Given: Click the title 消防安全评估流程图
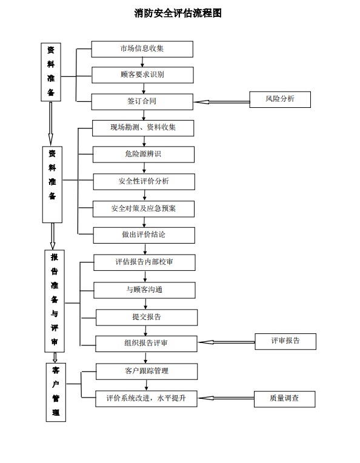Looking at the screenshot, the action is coord(178,13).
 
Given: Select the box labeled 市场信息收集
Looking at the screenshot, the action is coord(142,49).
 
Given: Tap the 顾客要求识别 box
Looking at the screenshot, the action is coord(142,75).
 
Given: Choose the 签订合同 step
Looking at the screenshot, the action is coord(142,102).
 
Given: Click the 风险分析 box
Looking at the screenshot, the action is coord(280,99).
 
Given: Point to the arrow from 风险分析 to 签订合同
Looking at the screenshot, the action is coord(221,102).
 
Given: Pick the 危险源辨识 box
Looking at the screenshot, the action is coord(144,155).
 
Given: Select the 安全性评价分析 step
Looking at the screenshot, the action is coord(144,182).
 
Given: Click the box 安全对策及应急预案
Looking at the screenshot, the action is coord(144,209).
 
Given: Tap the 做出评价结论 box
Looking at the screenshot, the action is coord(144,235).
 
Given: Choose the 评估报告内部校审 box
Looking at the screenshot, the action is coord(144,262).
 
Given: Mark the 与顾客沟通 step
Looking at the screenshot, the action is coord(144,290).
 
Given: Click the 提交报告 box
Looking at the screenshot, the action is coord(147,318).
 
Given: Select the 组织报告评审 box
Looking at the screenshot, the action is coord(146,344).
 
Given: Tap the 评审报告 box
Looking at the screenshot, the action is coord(285,342).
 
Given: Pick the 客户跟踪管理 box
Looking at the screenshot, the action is coord(147,371).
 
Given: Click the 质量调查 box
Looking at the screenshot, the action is coord(285,399).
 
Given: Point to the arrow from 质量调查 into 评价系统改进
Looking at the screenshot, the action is coord(226,398).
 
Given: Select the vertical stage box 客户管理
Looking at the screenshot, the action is coord(56,392).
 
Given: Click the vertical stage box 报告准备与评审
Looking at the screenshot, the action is coord(55,301).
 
